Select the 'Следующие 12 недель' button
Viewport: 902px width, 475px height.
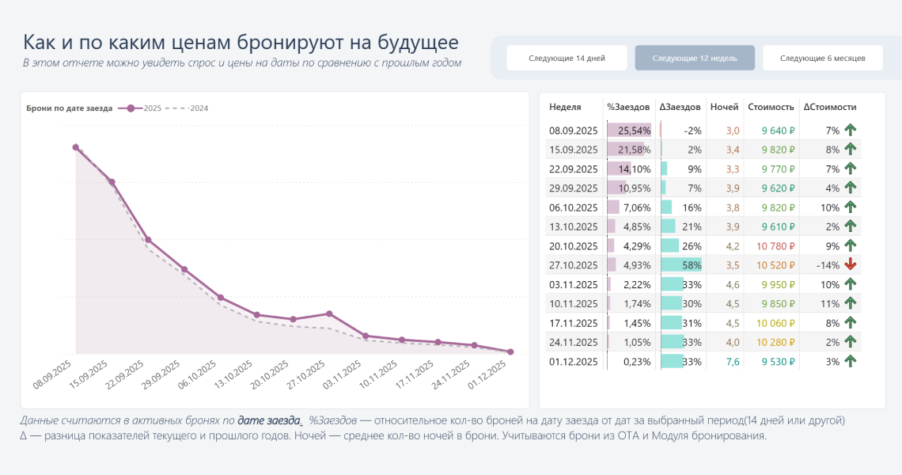click(x=694, y=58)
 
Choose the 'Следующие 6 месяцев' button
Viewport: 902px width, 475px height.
click(x=823, y=58)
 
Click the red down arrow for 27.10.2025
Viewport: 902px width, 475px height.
click(x=851, y=264)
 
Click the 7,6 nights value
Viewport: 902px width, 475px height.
click(x=733, y=361)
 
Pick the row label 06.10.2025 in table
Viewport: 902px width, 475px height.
click(x=574, y=207)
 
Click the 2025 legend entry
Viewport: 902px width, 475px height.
click(x=144, y=108)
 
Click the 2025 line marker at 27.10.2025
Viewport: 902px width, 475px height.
click(x=329, y=314)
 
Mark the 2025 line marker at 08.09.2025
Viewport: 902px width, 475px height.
click(x=76, y=146)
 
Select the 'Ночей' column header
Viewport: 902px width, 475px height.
click(x=724, y=107)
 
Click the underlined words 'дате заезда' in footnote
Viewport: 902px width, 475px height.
click(x=270, y=420)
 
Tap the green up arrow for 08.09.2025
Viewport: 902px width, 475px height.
click(x=851, y=131)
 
